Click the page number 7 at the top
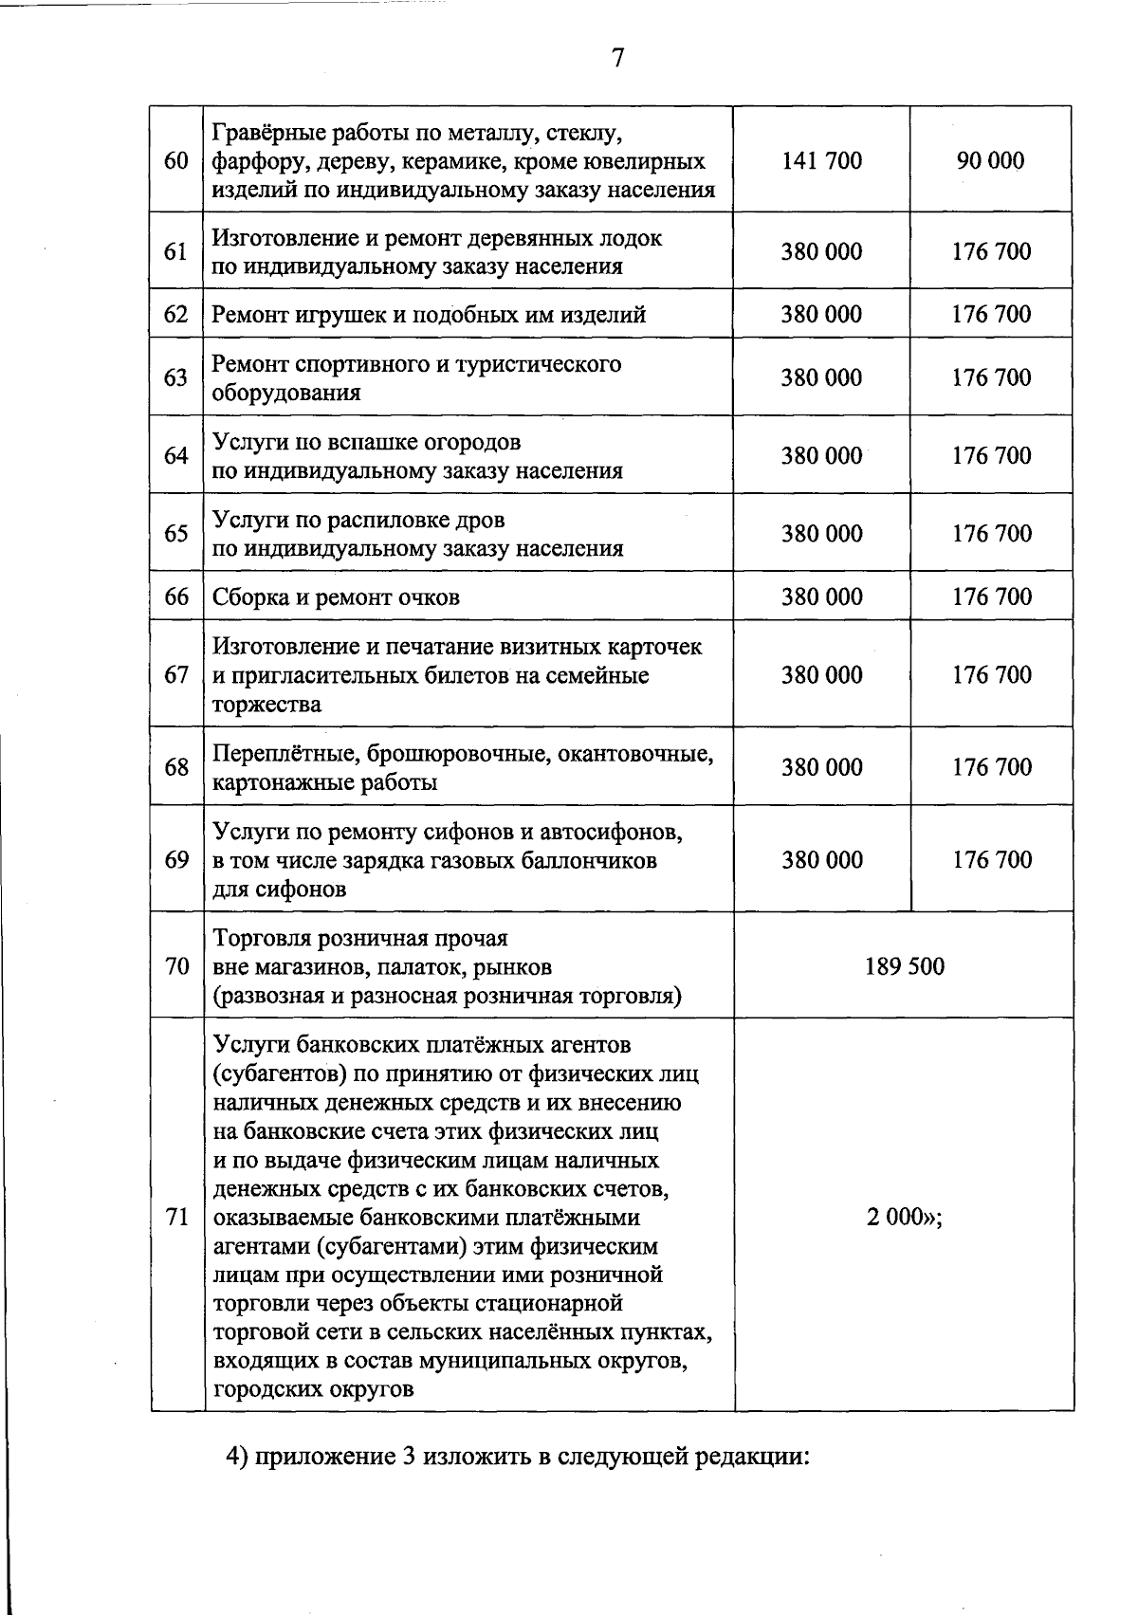tap(617, 59)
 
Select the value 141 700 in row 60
tap(821, 160)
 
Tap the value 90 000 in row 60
tap(991, 160)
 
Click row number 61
tap(176, 251)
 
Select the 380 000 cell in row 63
tap(821, 377)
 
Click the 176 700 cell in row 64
tap(991, 455)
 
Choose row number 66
tap(176, 596)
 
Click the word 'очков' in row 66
tap(429, 597)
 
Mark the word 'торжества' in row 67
tap(267, 705)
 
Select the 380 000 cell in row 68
tap(821, 767)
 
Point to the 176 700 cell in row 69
tap(991, 860)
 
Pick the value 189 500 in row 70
tap(905, 966)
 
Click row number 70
tap(176, 967)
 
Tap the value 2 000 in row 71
tap(896, 1217)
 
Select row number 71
tap(176, 1217)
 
